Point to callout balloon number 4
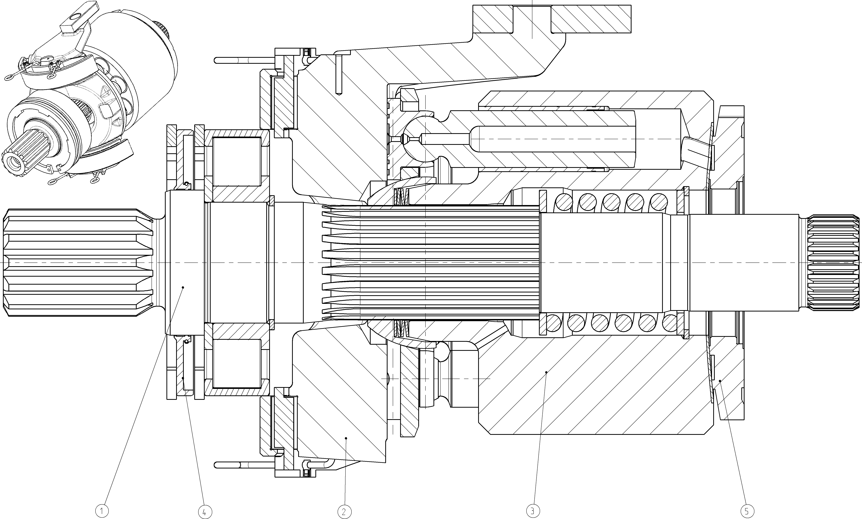tap(205, 512)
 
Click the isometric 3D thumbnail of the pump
tap(89, 93)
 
